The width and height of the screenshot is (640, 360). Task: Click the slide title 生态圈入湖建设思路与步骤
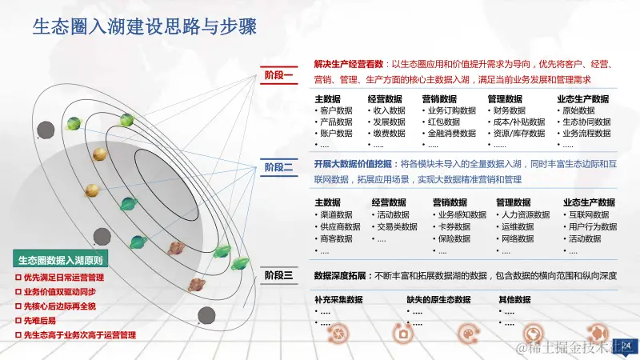143,27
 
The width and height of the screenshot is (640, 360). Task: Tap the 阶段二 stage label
280,167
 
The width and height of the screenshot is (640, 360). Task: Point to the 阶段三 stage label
280,275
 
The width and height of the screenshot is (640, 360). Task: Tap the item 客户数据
335,110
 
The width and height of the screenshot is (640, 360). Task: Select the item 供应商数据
339,226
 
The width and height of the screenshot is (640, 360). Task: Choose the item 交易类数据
397,226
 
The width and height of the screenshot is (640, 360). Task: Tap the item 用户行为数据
592,226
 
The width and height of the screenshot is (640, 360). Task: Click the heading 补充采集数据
338,300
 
